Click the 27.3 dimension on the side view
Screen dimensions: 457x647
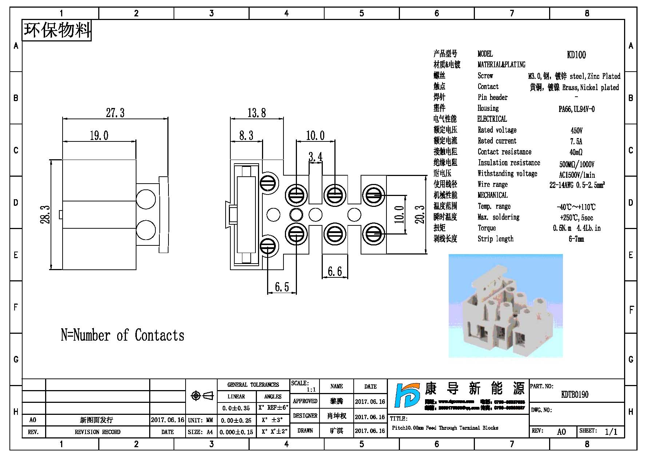click(115, 113)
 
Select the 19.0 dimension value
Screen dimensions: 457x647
click(99, 136)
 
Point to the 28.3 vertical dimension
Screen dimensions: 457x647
click(45, 215)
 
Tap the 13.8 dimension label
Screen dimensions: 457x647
click(257, 113)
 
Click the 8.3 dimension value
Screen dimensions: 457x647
click(246, 136)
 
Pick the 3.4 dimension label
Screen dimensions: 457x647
click(315, 157)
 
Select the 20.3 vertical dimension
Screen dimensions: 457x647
click(420, 214)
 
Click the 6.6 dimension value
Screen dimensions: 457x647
click(334, 271)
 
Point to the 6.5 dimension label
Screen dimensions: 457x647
click(282, 287)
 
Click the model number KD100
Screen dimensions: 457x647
click(576, 55)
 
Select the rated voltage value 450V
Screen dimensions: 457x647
click(576, 131)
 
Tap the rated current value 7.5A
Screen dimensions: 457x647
click(576, 141)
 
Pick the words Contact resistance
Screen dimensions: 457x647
click(504, 152)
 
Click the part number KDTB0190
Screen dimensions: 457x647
click(575, 394)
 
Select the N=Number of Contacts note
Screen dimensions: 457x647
click(122, 335)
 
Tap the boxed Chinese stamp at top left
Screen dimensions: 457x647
click(57, 30)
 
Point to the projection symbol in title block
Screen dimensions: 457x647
click(202, 396)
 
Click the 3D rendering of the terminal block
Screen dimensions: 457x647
click(505, 305)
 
